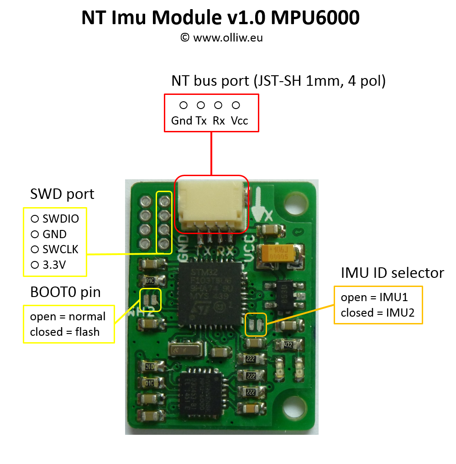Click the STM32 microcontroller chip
pos(210,294)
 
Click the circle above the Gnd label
pos(183,105)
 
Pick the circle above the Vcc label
pos(236,105)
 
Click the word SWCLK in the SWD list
pos(60,250)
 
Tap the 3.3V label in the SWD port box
pos(54,265)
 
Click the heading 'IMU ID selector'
pos(392,273)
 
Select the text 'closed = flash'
pos(65,332)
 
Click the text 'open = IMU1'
pos(374,297)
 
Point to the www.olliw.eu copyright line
pos(221,37)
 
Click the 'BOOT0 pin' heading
pos(65,292)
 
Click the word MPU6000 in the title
pos(315,18)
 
